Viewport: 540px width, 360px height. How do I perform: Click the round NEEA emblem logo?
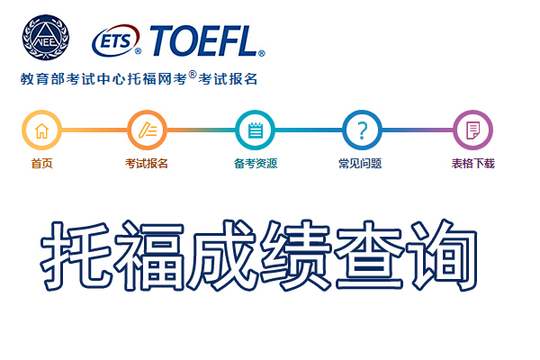46,37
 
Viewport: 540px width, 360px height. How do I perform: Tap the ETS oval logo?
117,40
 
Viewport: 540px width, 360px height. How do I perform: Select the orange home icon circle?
41,130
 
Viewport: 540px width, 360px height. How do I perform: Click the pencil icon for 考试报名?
148,130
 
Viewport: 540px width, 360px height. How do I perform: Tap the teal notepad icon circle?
256,130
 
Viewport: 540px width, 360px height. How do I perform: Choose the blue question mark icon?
362,130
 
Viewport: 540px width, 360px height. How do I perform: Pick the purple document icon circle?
472,130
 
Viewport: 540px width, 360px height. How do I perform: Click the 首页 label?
41,163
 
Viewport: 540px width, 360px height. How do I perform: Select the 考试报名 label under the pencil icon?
147,163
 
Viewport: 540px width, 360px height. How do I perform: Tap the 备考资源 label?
256,163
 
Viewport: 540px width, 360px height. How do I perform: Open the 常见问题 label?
360,163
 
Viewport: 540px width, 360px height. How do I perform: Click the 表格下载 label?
473,163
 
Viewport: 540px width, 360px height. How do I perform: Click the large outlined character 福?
149,256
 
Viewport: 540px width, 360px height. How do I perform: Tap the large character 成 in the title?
222,256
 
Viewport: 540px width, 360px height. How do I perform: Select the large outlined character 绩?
296,256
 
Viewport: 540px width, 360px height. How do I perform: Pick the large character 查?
369,256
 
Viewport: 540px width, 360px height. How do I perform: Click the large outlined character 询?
442,256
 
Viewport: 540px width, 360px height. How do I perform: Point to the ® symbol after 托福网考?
193,75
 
